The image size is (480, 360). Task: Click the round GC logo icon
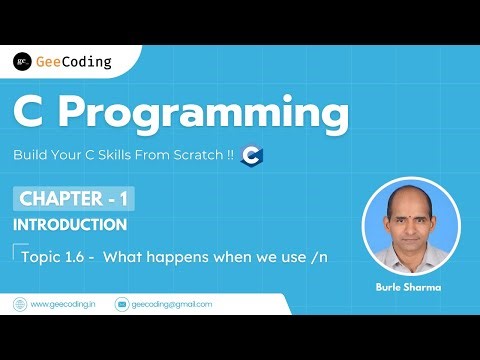tap(21, 62)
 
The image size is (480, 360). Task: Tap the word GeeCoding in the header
tap(73, 62)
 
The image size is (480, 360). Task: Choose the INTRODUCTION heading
tap(69, 225)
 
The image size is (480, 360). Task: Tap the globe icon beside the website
tap(19, 304)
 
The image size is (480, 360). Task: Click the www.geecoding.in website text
tap(63, 304)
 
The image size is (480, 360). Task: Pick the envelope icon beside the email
tap(122, 304)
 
